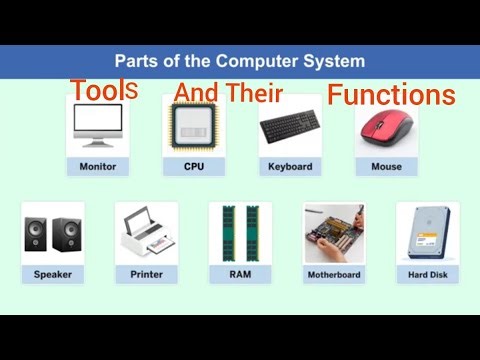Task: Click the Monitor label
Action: click(x=97, y=166)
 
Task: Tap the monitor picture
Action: click(x=97, y=128)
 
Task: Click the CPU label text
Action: click(x=194, y=166)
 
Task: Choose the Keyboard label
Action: click(x=290, y=166)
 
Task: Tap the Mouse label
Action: click(x=386, y=166)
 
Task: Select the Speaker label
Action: click(x=52, y=273)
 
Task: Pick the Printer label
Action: click(x=146, y=273)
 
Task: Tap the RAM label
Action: click(x=239, y=273)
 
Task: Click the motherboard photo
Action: click(x=333, y=234)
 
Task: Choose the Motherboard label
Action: click(x=333, y=273)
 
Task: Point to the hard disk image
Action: click(x=427, y=234)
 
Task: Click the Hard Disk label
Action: click(x=427, y=273)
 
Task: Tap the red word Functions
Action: click(x=392, y=95)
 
